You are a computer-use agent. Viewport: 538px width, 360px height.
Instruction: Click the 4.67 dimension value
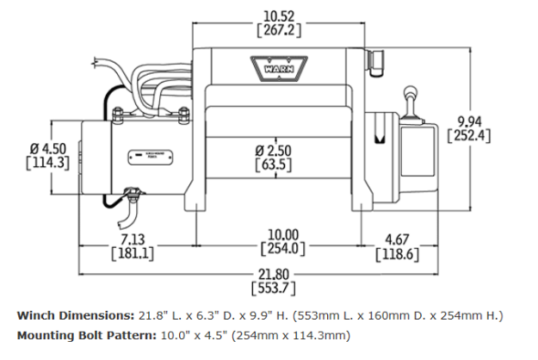pos(397,239)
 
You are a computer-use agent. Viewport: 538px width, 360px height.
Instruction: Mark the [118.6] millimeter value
pos(397,254)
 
